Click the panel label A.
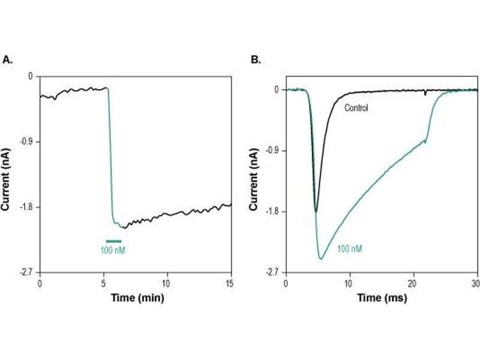(x=8, y=59)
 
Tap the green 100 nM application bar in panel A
(x=113, y=241)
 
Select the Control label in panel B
(x=356, y=109)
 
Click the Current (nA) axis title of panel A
(x=8, y=175)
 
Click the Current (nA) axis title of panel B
(x=254, y=175)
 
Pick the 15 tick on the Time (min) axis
(x=231, y=283)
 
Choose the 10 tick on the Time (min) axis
(x=167, y=283)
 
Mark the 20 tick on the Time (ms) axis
(x=413, y=283)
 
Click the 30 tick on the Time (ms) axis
(x=476, y=283)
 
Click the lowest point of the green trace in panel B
(x=321, y=259)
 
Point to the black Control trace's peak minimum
(x=316, y=211)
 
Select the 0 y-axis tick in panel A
(x=30, y=76)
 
